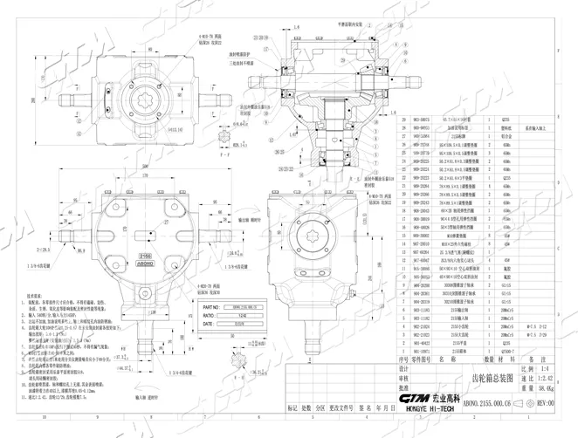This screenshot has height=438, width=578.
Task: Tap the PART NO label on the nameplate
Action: [211, 308]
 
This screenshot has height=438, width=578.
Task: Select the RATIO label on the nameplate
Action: [209, 316]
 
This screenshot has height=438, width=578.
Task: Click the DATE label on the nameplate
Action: [208, 324]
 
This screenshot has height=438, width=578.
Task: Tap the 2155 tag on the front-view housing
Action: [145, 254]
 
